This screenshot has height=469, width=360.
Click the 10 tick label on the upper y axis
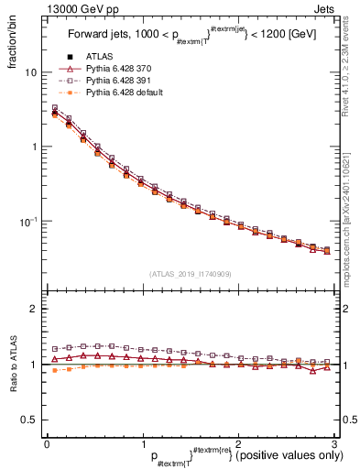tap(31, 72)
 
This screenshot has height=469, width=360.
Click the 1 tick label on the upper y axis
tap(34, 147)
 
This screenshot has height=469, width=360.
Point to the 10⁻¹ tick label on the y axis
tap(28, 222)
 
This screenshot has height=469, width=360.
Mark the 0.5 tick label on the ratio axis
tap(30, 420)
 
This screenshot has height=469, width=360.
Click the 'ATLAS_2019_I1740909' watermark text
tap(189, 273)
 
